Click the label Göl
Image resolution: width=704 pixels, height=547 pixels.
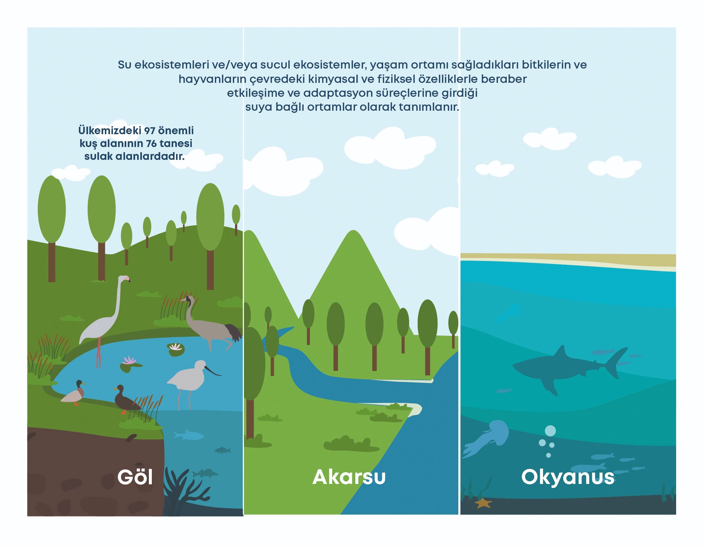pyautogui.click(x=135, y=477)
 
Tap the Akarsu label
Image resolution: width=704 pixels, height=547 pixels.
pyautogui.click(x=349, y=477)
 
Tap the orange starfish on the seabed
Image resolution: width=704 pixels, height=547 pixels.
pyautogui.click(x=483, y=503)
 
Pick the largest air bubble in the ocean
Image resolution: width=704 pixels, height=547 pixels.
pyautogui.click(x=550, y=431)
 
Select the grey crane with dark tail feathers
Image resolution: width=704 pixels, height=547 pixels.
pyautogui.click(x=211, y=324)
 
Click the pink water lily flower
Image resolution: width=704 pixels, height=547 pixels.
pyautogui.click(x=129, y=360)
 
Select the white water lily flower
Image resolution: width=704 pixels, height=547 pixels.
pyautogui.click(x=176, y=347)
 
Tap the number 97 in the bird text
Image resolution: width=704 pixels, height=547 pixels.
pyautogui.click(x=150, y=131)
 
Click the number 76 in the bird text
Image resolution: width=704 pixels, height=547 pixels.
pyautogui.click(x=151, y=143)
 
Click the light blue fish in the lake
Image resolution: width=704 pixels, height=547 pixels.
pyautogui.click(x=188, y=435)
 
